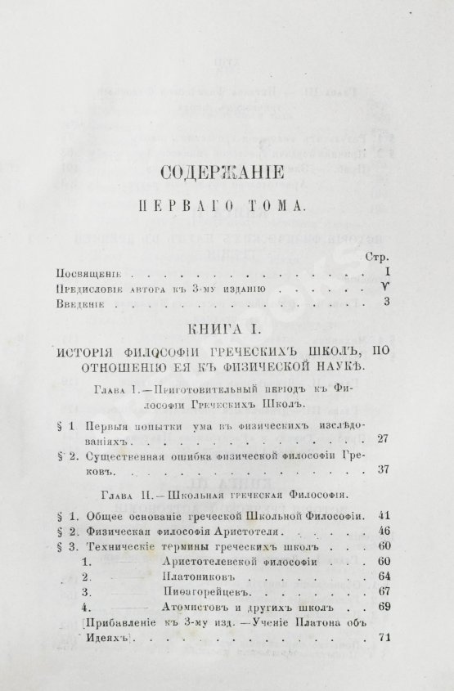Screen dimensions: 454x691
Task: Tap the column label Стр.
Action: [x=372, y=255]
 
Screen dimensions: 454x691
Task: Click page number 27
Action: [x=381, y=440]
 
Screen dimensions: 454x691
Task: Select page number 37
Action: [x=381, y=472]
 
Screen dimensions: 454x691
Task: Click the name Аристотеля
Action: [x=245, y=531]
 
